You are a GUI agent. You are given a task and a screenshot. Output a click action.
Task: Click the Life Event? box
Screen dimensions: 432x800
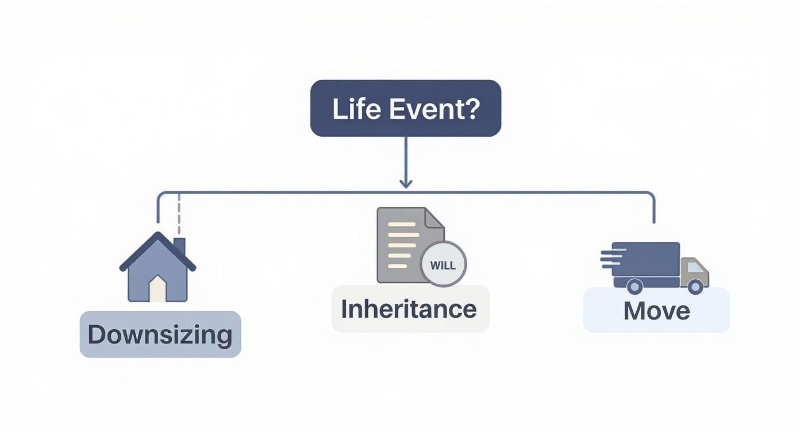(x=405, y=108)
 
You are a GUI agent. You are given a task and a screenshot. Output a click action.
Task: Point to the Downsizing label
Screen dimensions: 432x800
(x=160, y=334)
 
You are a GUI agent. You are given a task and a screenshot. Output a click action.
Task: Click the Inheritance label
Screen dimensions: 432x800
(x=409, y=309)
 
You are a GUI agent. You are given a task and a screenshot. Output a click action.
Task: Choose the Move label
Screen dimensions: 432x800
(x=656, y=310)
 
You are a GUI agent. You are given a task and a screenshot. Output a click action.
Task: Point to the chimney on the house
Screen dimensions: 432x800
(x=179, y=246)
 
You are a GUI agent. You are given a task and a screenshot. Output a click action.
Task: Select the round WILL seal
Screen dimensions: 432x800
(x=443, y=265)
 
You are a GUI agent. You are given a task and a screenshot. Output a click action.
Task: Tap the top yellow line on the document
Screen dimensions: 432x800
(x=402, y=225)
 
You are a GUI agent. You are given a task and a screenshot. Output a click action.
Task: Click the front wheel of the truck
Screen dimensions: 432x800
(x=695, y=286)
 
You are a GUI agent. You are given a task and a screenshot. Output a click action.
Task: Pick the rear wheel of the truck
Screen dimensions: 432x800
(x=634, y=286)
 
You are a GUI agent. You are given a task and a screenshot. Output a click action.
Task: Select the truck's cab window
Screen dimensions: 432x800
(x=694, y=267)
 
